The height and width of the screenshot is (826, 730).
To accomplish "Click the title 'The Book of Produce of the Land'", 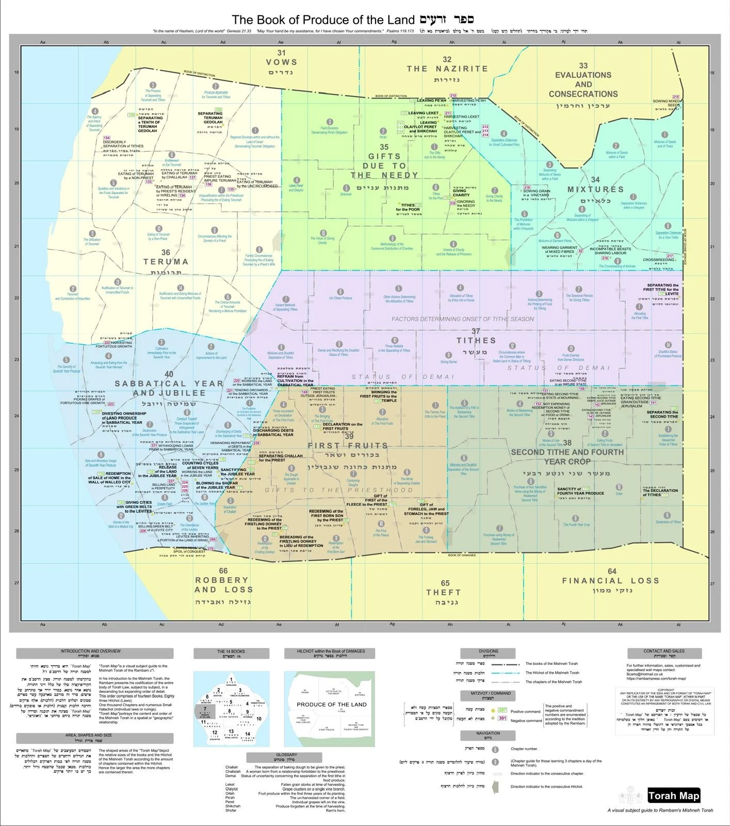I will pyautogui.click(x=323, y=20).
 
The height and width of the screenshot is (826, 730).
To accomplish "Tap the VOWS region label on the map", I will pyautogui.click(x=281, y=62).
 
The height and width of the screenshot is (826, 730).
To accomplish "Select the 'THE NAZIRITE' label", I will pyautogui.click(x=447, y=69).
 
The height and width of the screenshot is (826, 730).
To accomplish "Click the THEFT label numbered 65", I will pyautogui.click(x=444, y=592).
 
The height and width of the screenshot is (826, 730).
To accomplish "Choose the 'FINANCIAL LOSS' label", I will pyautogui.click(x=611, y=580).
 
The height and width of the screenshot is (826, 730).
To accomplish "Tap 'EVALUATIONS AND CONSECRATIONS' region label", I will pyautogui.click(x=583, y=84).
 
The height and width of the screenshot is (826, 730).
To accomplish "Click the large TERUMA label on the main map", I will pyautogui.click(x=166, y=262).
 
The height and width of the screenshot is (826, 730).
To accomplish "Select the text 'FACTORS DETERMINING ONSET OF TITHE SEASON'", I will pyautogui.click(x=462, y=319).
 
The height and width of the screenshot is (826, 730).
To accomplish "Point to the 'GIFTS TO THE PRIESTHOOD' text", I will pyautogui.click(x=339, y=490).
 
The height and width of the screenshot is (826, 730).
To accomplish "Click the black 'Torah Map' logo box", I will pyautogui.click(x=673, y=796).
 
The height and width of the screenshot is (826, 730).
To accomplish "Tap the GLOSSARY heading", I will pyautogui.click(x=286, y=755).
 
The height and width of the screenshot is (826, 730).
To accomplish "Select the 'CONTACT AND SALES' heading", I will pyautogui.click(x=663, y=651).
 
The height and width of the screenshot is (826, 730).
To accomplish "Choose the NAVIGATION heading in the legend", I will pyautogui.click(x=488, y=733).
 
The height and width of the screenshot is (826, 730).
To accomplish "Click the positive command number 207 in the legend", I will pyautogui.click(x=502, y=710).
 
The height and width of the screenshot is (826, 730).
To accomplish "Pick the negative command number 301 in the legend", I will pyautogui.click(x=502, y=719).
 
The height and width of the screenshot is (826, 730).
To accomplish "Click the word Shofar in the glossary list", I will pyautogui.click(x=231, y=810).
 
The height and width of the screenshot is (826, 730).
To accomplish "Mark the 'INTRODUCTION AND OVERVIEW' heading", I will pyautogui.click(x=90, y=651).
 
